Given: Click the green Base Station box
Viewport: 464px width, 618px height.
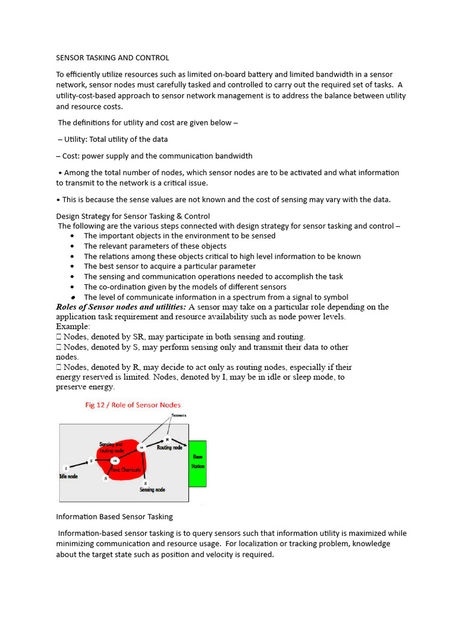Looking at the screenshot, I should (198, 462).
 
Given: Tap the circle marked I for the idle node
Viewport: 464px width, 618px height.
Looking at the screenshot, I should (66, 468).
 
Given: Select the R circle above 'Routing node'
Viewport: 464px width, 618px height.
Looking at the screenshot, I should (167, 440).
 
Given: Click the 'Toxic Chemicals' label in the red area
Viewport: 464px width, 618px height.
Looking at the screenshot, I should (125, 470).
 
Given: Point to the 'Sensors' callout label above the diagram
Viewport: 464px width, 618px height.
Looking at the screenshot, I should (179, 416).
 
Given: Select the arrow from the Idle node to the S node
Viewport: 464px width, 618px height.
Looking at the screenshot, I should (79, 465).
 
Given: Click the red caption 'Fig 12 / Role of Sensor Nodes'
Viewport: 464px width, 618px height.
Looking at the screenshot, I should (132, 405).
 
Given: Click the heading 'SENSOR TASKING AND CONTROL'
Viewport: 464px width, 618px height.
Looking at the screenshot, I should (112, 58).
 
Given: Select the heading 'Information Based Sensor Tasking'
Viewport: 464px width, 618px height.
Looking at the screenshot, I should (114, 517).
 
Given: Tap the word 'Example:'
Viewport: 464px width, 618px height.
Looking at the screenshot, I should (73, 326).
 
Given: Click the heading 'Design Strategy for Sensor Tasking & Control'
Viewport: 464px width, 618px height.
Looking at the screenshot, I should (133, 216).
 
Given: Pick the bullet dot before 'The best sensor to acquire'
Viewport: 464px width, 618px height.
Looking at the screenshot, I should (72, 267).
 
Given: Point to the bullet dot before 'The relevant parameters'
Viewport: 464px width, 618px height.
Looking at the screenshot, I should (72, 246).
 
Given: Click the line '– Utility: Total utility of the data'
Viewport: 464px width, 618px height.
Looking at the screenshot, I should (112, 139).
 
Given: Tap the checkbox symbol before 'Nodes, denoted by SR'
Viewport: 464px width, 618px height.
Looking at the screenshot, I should (59, 336).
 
